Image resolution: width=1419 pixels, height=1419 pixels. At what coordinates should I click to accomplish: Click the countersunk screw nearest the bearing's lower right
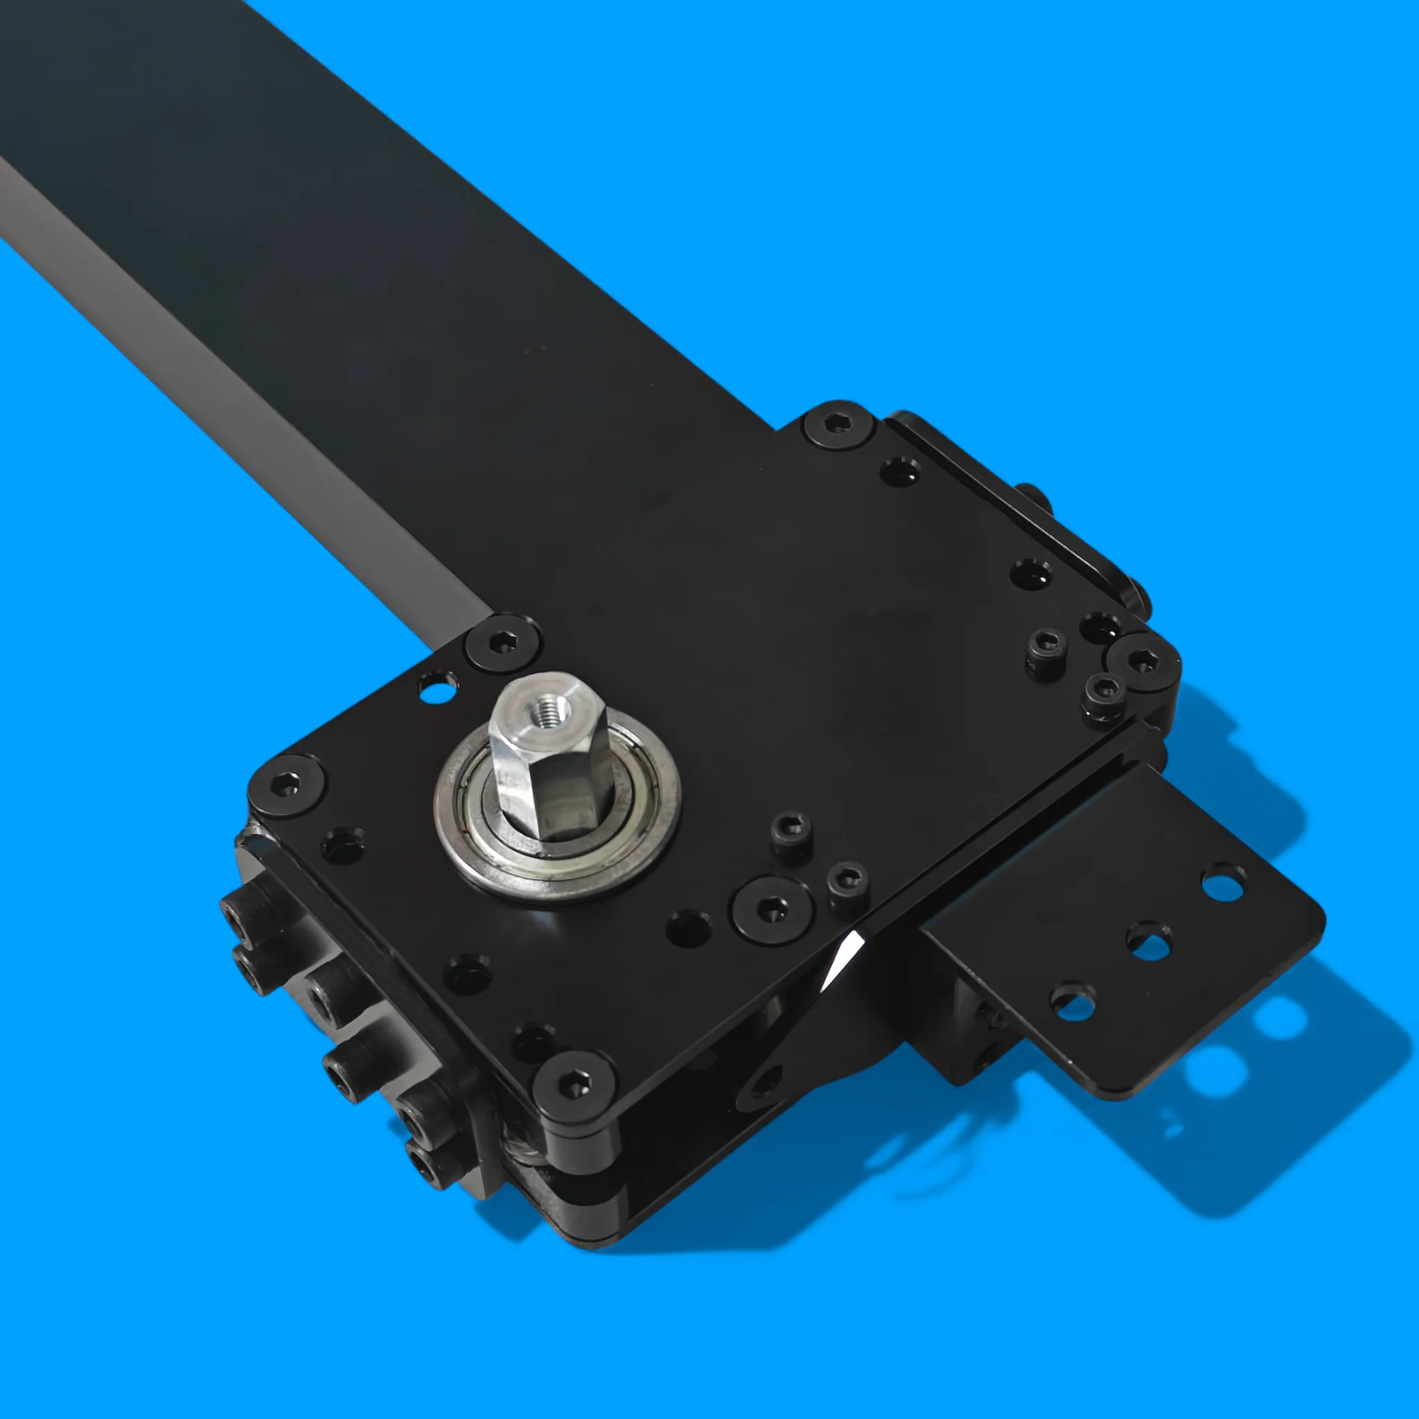tap(771, 909)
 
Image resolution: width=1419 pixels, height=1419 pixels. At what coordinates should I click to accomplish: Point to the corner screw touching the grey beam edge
tap(502, 644)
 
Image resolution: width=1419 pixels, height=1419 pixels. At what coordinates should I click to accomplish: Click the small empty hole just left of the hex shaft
tap(438, 687)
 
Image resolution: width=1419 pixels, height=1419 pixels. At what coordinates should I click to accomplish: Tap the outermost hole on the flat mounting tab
tap(1223, 880)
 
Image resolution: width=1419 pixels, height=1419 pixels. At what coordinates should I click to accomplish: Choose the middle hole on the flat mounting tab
tap(1148, 940)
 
